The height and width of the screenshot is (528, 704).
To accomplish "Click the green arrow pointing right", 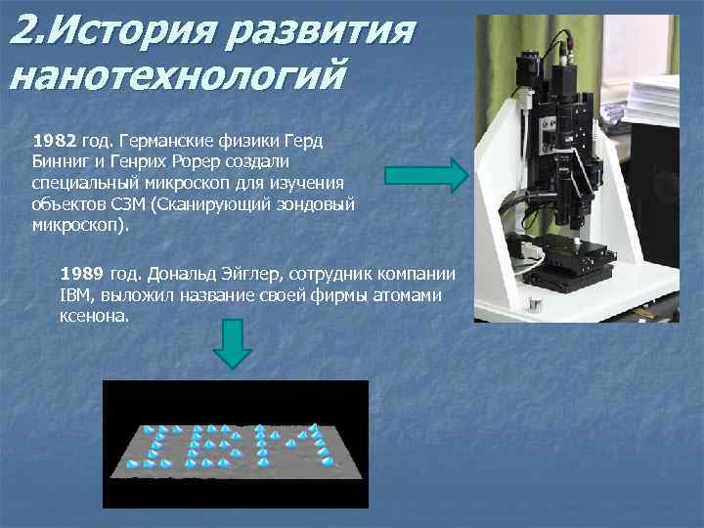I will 426,175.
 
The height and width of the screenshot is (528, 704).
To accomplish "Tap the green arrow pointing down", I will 233,344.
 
